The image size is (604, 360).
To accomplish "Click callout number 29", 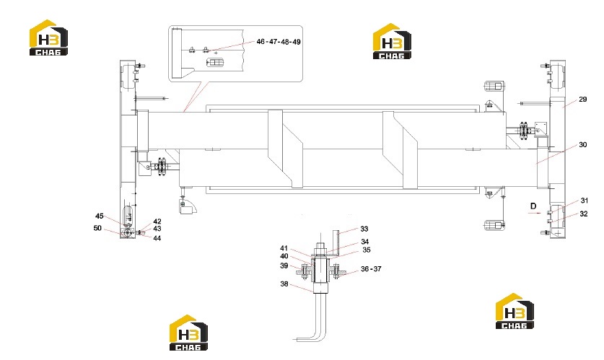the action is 582,100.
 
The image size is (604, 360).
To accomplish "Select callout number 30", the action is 582,145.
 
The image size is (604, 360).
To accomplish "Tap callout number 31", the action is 584,201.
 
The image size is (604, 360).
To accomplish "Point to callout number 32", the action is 584,214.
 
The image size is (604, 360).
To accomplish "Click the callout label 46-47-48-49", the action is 278,42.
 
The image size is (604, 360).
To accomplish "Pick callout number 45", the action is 100,216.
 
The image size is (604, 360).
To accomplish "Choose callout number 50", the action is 97,228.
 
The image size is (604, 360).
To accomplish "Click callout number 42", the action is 157,221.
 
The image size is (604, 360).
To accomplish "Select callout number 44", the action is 157,238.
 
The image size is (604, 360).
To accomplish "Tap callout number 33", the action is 364,229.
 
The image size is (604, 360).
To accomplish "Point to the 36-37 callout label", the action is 371,269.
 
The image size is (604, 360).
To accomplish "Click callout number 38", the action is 284,284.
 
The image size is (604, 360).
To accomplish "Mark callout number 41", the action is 284,248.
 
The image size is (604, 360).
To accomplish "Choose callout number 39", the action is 284,265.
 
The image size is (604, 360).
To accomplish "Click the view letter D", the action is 533,206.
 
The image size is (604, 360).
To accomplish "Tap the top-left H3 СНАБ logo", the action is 48,38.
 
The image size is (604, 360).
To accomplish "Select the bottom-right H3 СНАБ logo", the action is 515,311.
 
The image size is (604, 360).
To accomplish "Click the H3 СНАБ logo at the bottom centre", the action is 189,333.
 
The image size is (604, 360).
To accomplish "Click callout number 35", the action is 366,250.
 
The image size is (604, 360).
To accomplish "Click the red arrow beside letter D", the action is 535,213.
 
